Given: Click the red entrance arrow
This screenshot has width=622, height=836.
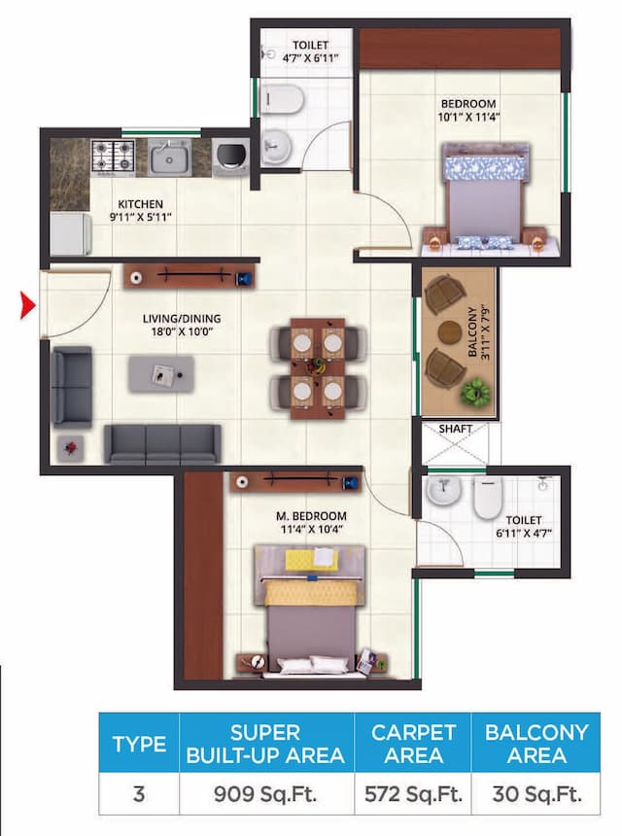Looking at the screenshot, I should (x=28, y=308).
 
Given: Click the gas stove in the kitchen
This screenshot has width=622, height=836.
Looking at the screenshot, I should (x=112, y=155).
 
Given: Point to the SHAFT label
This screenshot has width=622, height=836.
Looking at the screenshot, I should (x=456, y=428).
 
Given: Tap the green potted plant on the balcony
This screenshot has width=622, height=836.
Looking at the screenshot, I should (x=476, y=393).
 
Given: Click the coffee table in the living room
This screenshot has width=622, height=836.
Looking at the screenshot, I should (x=161, y=373).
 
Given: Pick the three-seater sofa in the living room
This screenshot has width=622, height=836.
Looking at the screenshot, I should (x=162, y=443).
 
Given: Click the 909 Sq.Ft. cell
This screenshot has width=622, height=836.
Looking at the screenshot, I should (x=261, y=794).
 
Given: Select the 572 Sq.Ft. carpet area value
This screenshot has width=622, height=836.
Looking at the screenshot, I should (x=412, y=794).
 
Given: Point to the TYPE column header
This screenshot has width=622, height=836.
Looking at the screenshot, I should (x=139, y=745).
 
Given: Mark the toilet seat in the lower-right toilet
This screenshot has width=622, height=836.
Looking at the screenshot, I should (x=486, y=499).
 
